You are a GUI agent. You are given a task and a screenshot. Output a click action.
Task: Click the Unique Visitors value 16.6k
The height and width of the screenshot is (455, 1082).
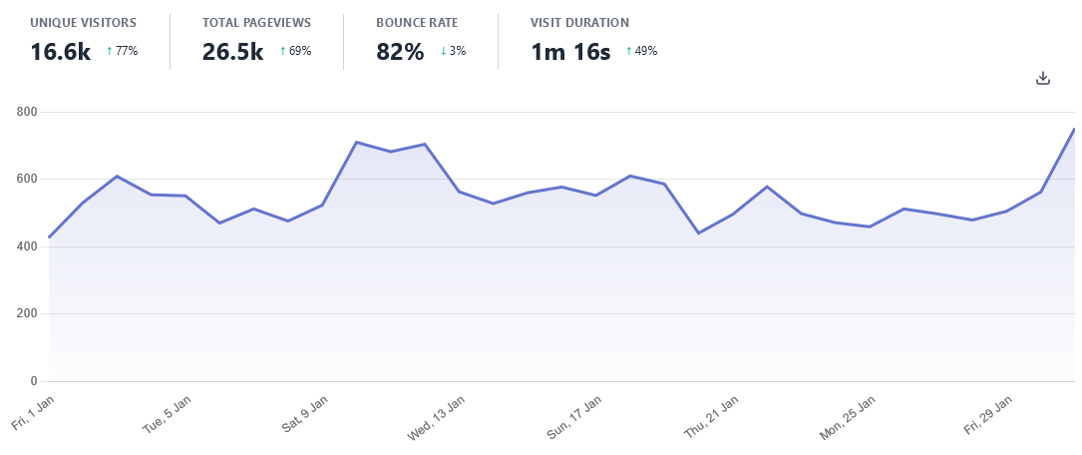(60, 52)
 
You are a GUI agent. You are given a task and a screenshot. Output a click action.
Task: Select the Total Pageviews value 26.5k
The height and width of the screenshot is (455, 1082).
(232, 52)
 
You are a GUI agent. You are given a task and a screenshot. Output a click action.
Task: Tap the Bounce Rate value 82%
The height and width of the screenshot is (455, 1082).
(400, 52)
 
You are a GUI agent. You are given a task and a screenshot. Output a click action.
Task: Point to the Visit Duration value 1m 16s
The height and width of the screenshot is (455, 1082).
(570, 52)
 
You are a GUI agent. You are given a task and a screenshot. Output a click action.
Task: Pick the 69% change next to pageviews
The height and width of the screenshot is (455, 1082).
(295, 51)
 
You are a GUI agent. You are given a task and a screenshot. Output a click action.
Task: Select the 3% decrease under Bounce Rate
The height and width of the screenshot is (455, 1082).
(454, 51)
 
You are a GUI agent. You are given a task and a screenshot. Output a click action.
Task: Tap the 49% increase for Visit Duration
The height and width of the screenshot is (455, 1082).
(641, 51)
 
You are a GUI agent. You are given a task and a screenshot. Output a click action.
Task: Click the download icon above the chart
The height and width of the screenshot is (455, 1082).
(1043, 78)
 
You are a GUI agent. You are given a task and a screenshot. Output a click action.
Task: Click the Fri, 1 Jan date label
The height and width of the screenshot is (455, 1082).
(33, 412)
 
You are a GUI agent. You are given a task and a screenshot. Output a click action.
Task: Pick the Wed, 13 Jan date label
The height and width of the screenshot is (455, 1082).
(436, 418)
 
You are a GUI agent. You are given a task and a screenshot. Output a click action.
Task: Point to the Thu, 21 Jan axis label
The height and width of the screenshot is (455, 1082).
(711, 416)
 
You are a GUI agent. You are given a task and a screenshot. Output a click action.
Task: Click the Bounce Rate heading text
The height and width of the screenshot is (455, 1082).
(417, 22)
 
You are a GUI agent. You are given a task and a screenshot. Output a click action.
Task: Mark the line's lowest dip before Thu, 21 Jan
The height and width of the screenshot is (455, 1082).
(698, 233)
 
